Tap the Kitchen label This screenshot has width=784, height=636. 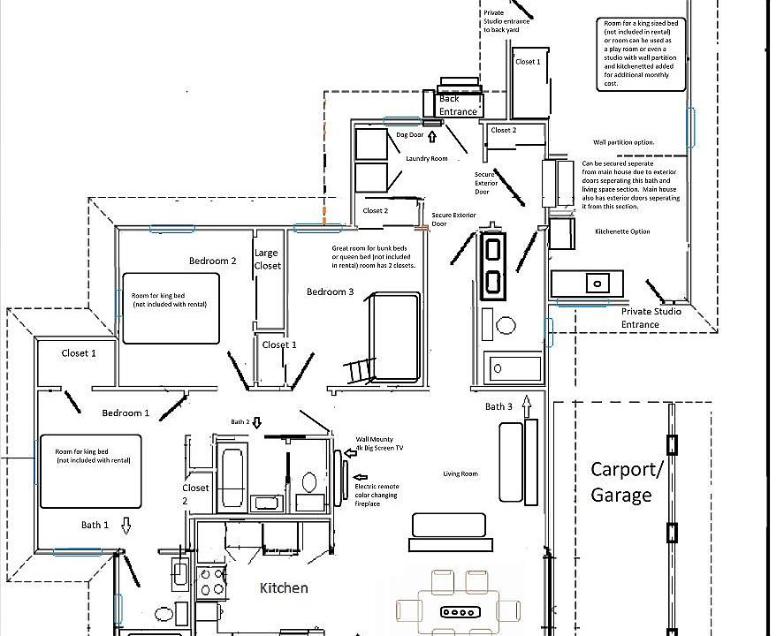tap(284, 588)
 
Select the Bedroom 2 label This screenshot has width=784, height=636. tap(213, 261)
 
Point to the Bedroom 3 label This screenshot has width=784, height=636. tap(331, 292)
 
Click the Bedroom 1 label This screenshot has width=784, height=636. tap(126, 413)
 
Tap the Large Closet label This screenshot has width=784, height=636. tap(267, 260)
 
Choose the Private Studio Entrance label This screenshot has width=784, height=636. tap(652, 318)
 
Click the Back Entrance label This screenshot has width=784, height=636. tap(458, 105)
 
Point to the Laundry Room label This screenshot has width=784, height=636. tap(427, 159)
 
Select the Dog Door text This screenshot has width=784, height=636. tap(410, 135)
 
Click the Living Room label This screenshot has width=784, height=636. tap(461, 474)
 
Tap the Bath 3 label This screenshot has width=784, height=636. tap(499, 407)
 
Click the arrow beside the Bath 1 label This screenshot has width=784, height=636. tap(126, 526)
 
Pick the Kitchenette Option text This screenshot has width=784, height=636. tap(623, 231)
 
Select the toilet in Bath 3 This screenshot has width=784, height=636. tap(505, 325)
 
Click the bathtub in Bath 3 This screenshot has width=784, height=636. tap(513, 367)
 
